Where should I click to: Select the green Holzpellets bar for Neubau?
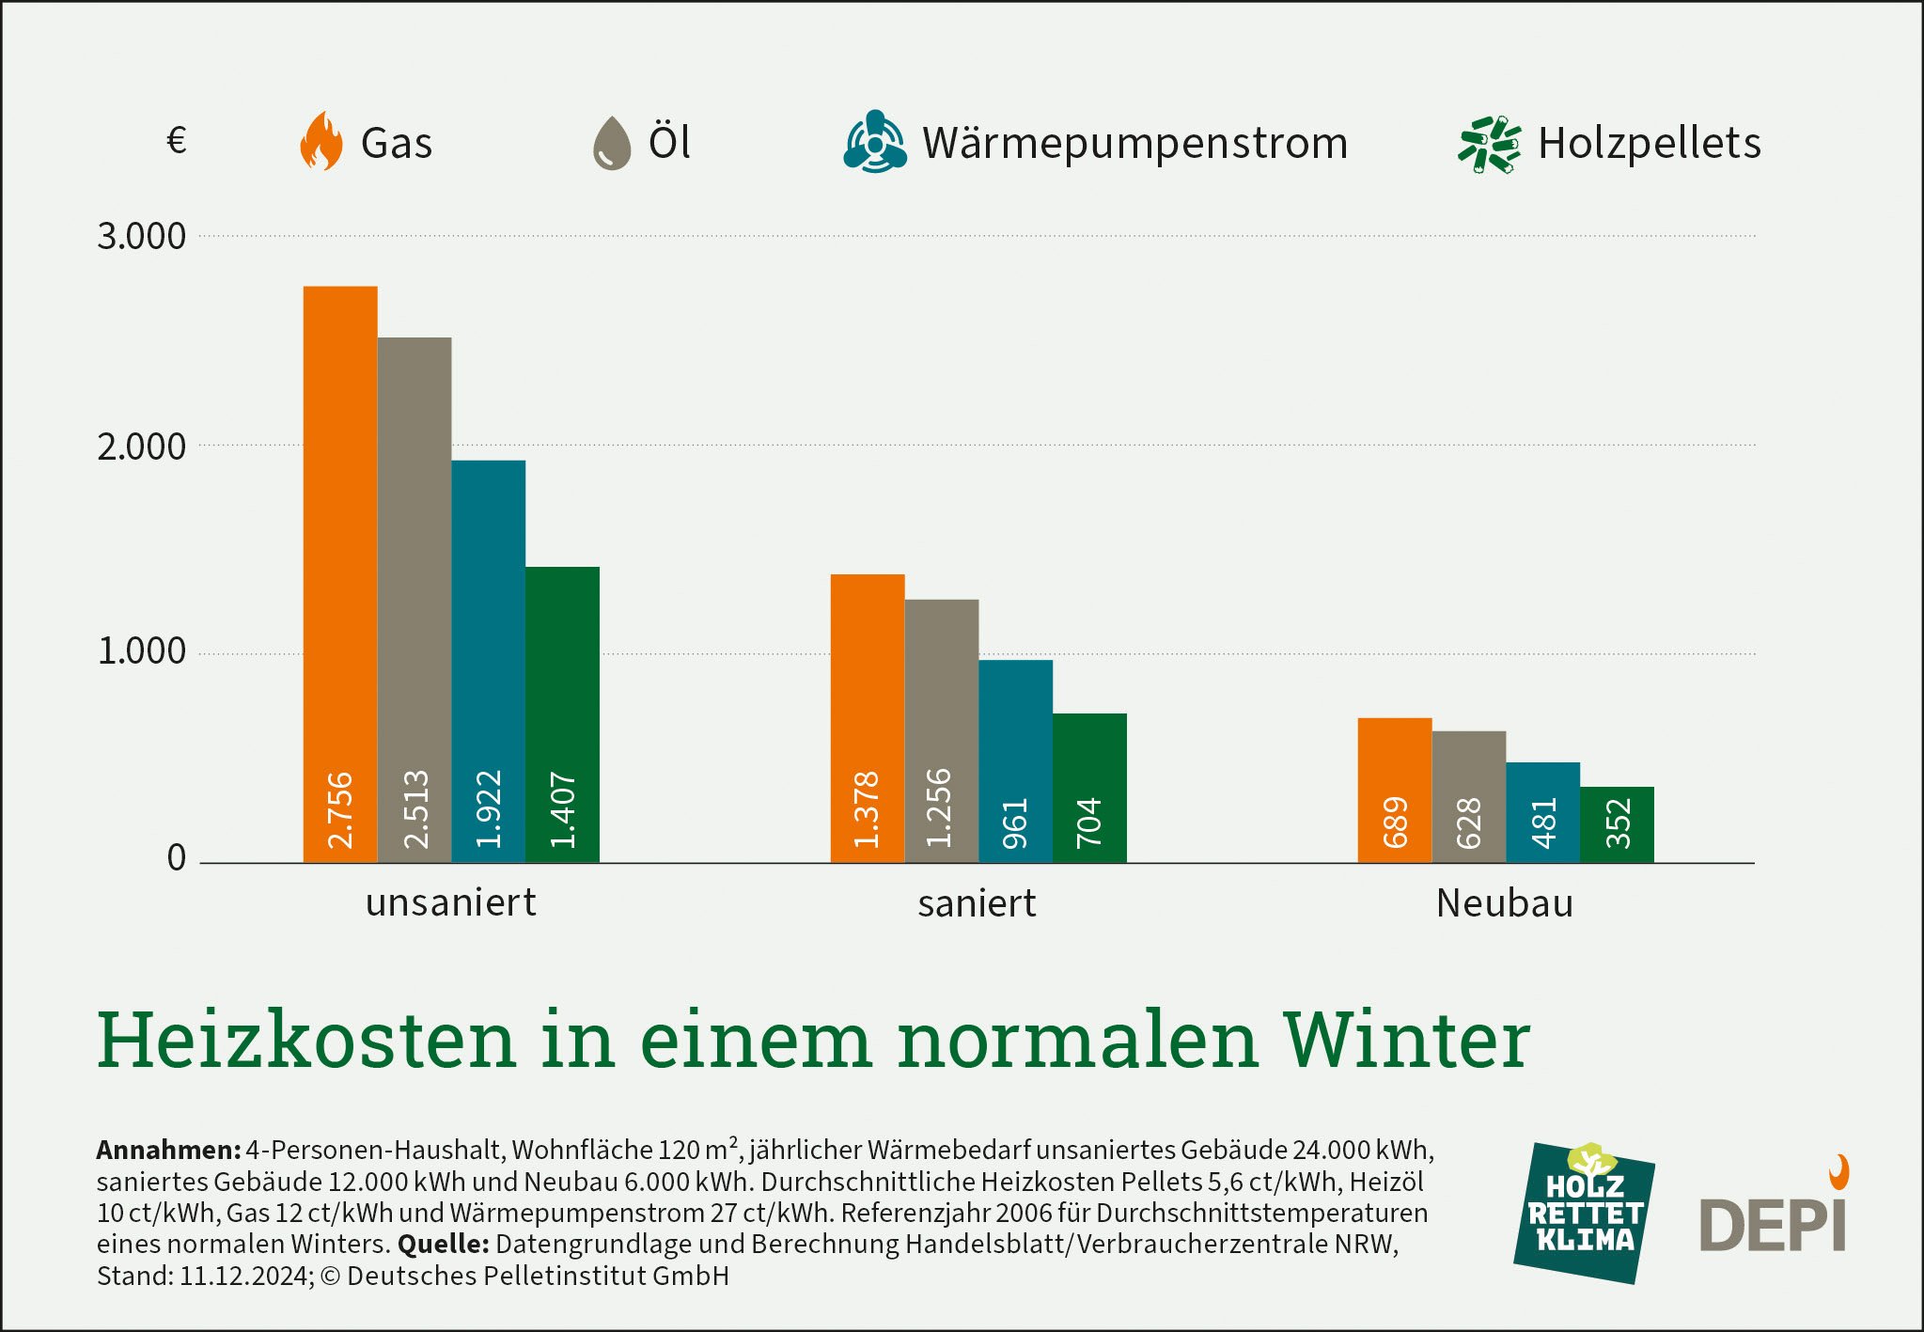pyautogui.click(x=1617, y=823)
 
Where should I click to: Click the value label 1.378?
pyautogui.click(x=867, y=809)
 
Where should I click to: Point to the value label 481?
pyautogui.click(x=1543, y=823)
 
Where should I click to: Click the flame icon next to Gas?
pyautogui.click(x=321, y=142)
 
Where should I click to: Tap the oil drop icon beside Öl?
pyautogui.click(x=612, y=143)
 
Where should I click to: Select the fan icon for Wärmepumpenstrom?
pyautogui.click(x=875, y=143)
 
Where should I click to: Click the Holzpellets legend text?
pyautogui.click(x=1650, y=143)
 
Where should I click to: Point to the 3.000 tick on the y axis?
pyautogui.click(x=142, y=236)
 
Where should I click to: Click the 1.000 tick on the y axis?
pyautogui.click(x=142, y=650)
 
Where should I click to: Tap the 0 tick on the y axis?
pyautogui.click(x=177, y=857)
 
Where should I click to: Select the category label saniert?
pyautogui.click(x=977, y=903)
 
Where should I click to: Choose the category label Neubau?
pyautogui.click(x=1505, y=903)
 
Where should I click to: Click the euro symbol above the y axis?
pyautogui.click(x=177, y=141)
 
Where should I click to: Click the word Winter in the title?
pyautogui.click(x=1407, y=1040)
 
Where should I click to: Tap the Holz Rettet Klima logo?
pyautogui.click(x=1585, y=1213)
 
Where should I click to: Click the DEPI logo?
pyautogui.click(x=1775, y=1217)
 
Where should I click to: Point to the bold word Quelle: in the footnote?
pyautogui.click(x=443, y=1245)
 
